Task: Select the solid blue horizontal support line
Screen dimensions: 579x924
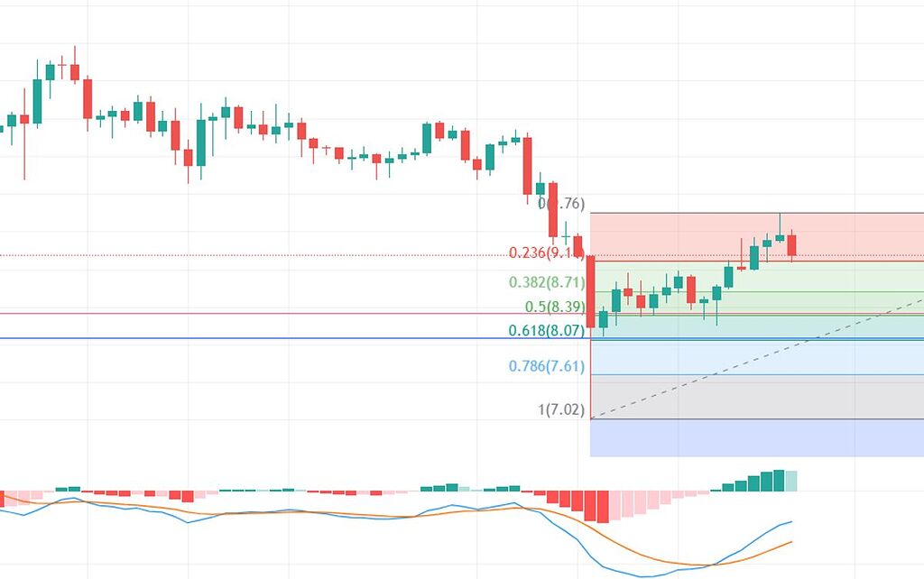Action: (x=271, y=339)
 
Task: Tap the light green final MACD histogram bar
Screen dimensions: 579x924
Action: (x=791, y=481)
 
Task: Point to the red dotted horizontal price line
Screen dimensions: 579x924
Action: (x=271, y=255)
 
